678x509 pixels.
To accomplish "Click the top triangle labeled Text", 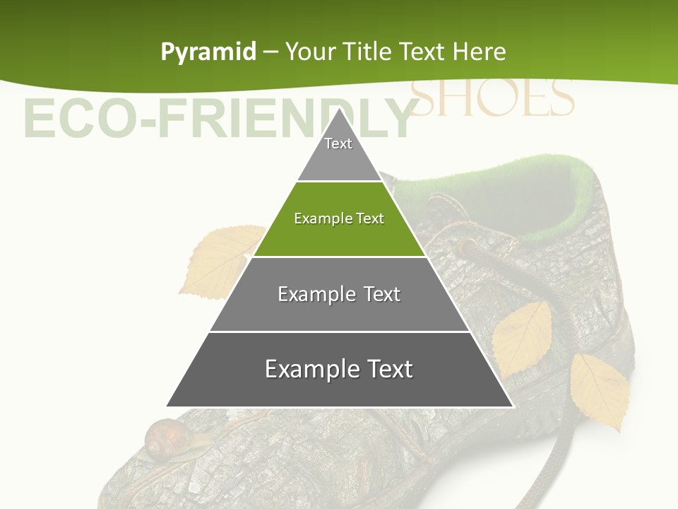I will click(338, 152).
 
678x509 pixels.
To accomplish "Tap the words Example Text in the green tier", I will click(339, 218).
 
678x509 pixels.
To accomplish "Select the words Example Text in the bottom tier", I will click(339, 369).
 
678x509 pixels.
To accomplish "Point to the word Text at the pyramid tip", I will click(338, 144).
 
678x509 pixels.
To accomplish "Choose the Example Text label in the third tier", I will click(339, 294).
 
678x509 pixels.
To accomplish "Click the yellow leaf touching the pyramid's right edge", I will click(523, 336).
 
